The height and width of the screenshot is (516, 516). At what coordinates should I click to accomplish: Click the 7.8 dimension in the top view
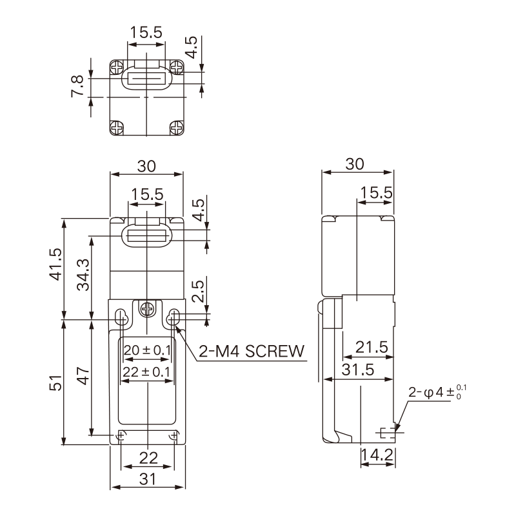pyautogui.click(x=77, y=86)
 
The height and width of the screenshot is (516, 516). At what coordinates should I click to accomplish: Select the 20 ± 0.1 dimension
pyautogui.click(x=147, y=350)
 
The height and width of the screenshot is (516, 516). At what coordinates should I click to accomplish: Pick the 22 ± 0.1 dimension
pyautogui.click(x=147, y=372)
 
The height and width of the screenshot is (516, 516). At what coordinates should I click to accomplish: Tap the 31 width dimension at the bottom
pyautogui.click(x=147, y=479)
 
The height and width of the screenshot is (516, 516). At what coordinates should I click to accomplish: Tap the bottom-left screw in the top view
pyautogui.click(x=117, y=128)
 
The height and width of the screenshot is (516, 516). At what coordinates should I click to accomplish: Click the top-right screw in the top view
pyautogui.click(x=177, y=67)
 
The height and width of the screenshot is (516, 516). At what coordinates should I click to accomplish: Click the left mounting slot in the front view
pyautogui.click(x=121, y=317)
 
